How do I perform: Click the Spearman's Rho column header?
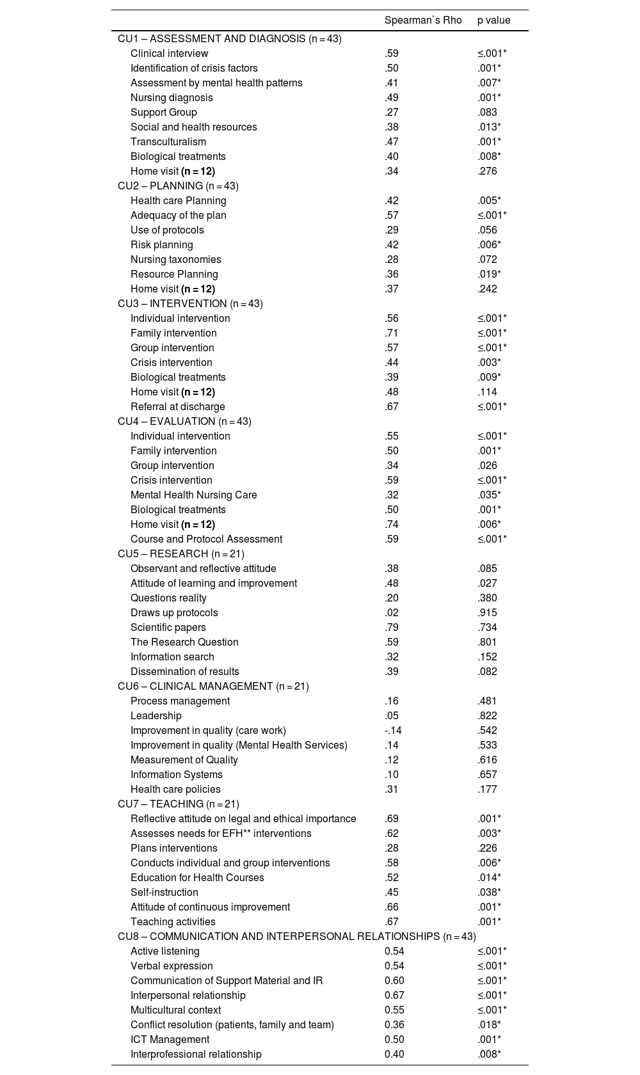point(422,20)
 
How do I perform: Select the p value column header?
point(493,20)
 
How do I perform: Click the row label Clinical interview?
point(169,54)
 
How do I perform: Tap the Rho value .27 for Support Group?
point(392,113)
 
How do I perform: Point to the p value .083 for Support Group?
point(487,113)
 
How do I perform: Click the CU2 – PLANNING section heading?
point(178,186)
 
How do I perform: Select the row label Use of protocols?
point(167,230)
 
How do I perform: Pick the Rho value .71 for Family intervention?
point(392,333)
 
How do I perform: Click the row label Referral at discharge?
point(177,407)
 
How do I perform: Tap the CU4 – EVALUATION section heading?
point(184,422)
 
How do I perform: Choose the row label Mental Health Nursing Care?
point(193,495)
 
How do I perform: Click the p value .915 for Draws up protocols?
point(487,613)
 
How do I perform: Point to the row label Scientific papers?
point(168,628)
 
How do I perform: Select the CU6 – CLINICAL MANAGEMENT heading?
point(213,687)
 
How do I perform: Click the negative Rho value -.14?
point(393,731)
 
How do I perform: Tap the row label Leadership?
point(156,716)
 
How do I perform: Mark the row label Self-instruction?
point(164,893)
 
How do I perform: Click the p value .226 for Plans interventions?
point(487,848)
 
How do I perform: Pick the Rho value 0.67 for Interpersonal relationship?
point(394,996)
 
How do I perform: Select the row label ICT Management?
point(170,1040)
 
